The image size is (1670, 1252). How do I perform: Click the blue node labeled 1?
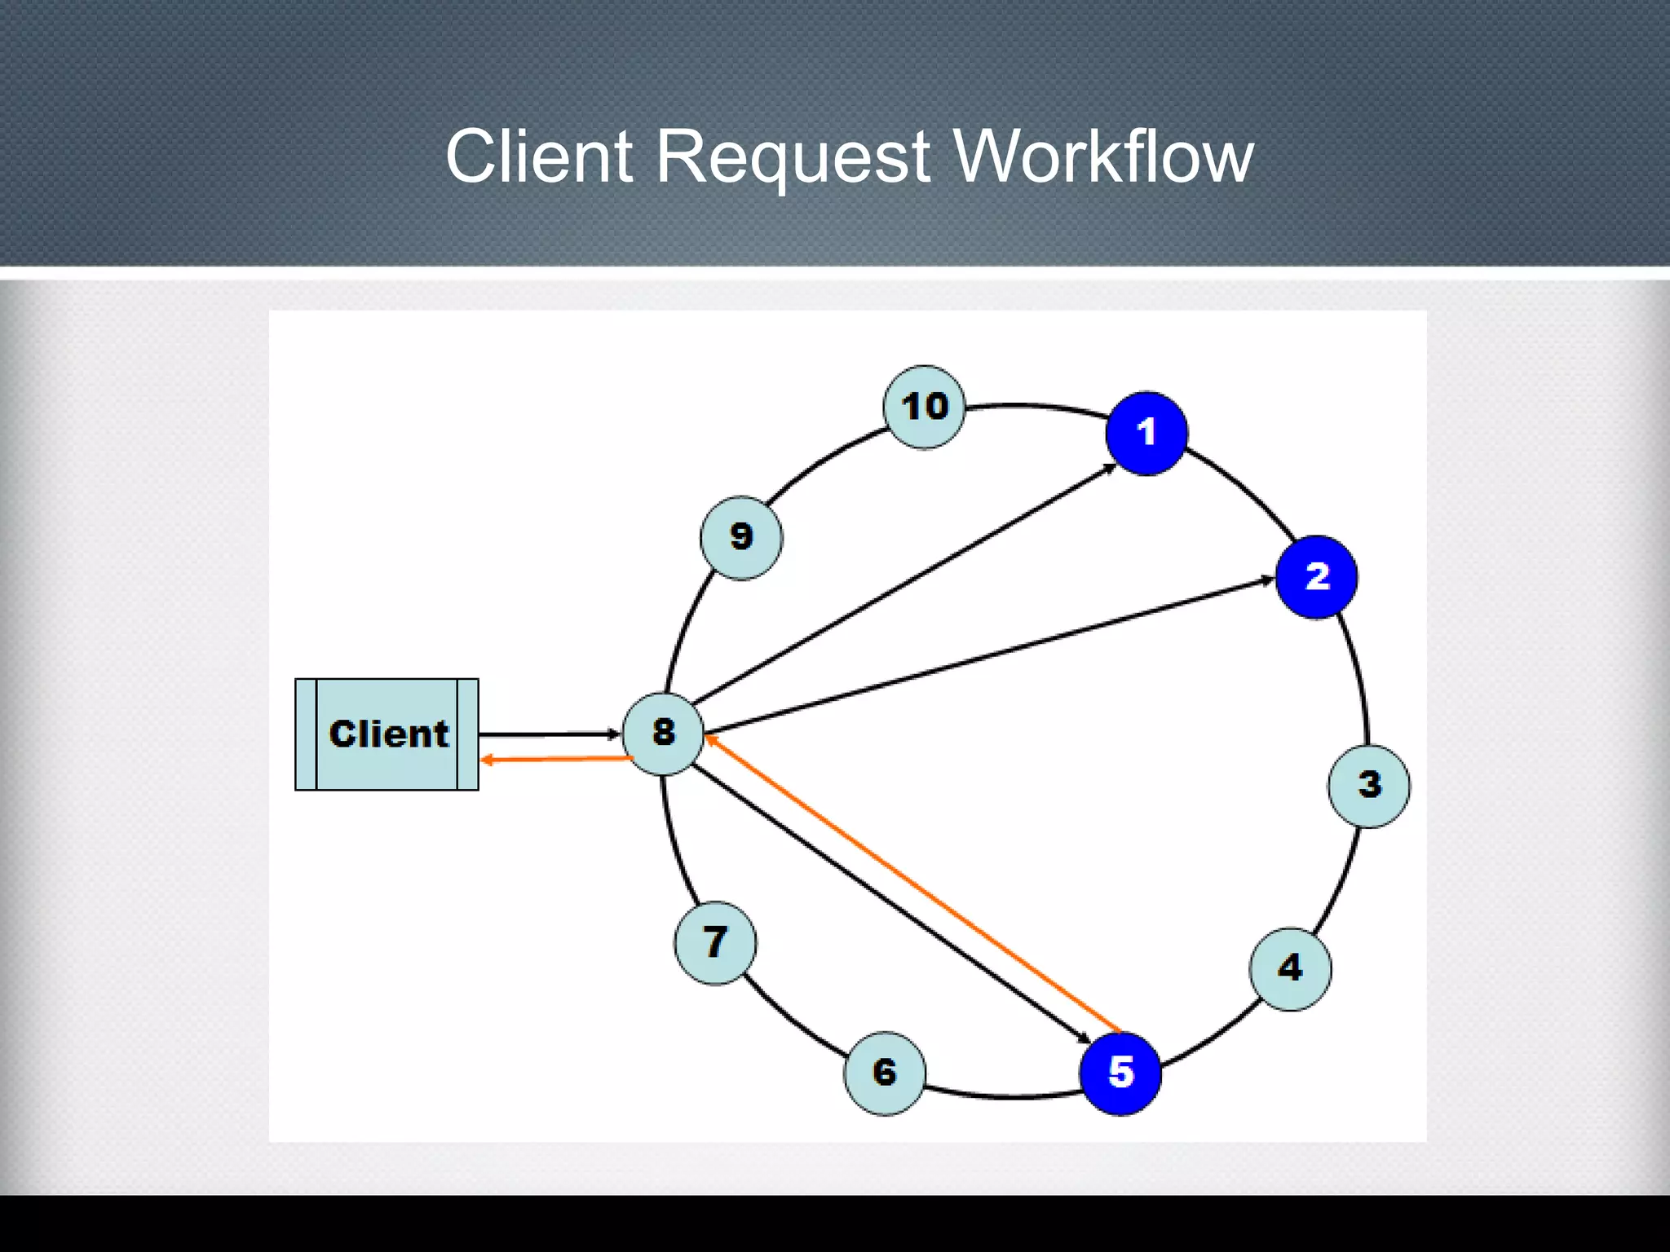1146,433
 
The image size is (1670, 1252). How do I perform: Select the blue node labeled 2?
1316,577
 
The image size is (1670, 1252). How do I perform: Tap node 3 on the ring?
1368,786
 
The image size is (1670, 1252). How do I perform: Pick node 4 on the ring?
1290,968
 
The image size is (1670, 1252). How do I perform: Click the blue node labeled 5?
1120,1073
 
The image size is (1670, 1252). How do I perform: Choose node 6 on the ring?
885,1073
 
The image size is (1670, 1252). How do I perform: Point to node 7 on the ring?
715,942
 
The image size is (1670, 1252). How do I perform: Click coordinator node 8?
663,733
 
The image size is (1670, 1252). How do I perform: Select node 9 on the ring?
741,537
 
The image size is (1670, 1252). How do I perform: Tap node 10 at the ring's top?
924,407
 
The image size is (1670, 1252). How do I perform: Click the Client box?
387,734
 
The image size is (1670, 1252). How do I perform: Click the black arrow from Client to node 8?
546,734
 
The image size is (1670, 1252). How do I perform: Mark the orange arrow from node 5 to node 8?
913,884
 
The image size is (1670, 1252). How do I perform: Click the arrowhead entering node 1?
1111,467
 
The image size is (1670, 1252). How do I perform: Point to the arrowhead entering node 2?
1266,580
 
